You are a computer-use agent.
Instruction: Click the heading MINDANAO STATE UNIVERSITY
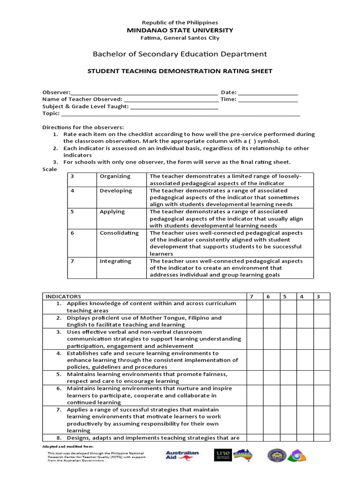(x=180, y=30)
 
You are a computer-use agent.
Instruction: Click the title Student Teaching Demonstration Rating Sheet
(x=180, y=71)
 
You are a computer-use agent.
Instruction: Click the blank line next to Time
(x=268, y=99)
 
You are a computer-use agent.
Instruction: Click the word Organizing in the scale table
(x=115, y=176)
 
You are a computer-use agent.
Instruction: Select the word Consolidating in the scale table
(x=119, y=233)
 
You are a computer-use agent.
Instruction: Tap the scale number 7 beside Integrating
(x=72, y=261)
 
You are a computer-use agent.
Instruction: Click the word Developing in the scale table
(x=116, y=191)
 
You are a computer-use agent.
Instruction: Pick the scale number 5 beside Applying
(x=72, y=212)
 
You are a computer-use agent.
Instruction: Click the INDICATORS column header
(x=63, y=296)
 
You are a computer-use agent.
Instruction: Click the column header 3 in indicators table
(x=318, y=296)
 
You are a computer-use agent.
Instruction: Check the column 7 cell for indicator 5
(x=255, y=377)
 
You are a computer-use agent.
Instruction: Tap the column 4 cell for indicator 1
(x=302, y=307)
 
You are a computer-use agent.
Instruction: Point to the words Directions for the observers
(x=83, y=127)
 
